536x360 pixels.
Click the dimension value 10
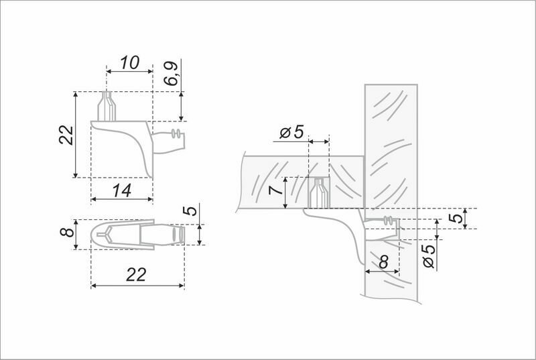click(x=129, y=62)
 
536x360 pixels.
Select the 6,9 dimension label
click(x=171, y=74)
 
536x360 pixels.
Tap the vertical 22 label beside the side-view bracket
click(x=66, y=135)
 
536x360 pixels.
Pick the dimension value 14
click(x=122, y=191)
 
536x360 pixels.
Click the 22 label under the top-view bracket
click(x=136, y=275)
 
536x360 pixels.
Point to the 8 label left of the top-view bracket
click(x=67, y=233)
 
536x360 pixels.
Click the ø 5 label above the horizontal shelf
click(x=291, y=131)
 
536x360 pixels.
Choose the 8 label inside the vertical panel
click(x=384, y=262)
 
